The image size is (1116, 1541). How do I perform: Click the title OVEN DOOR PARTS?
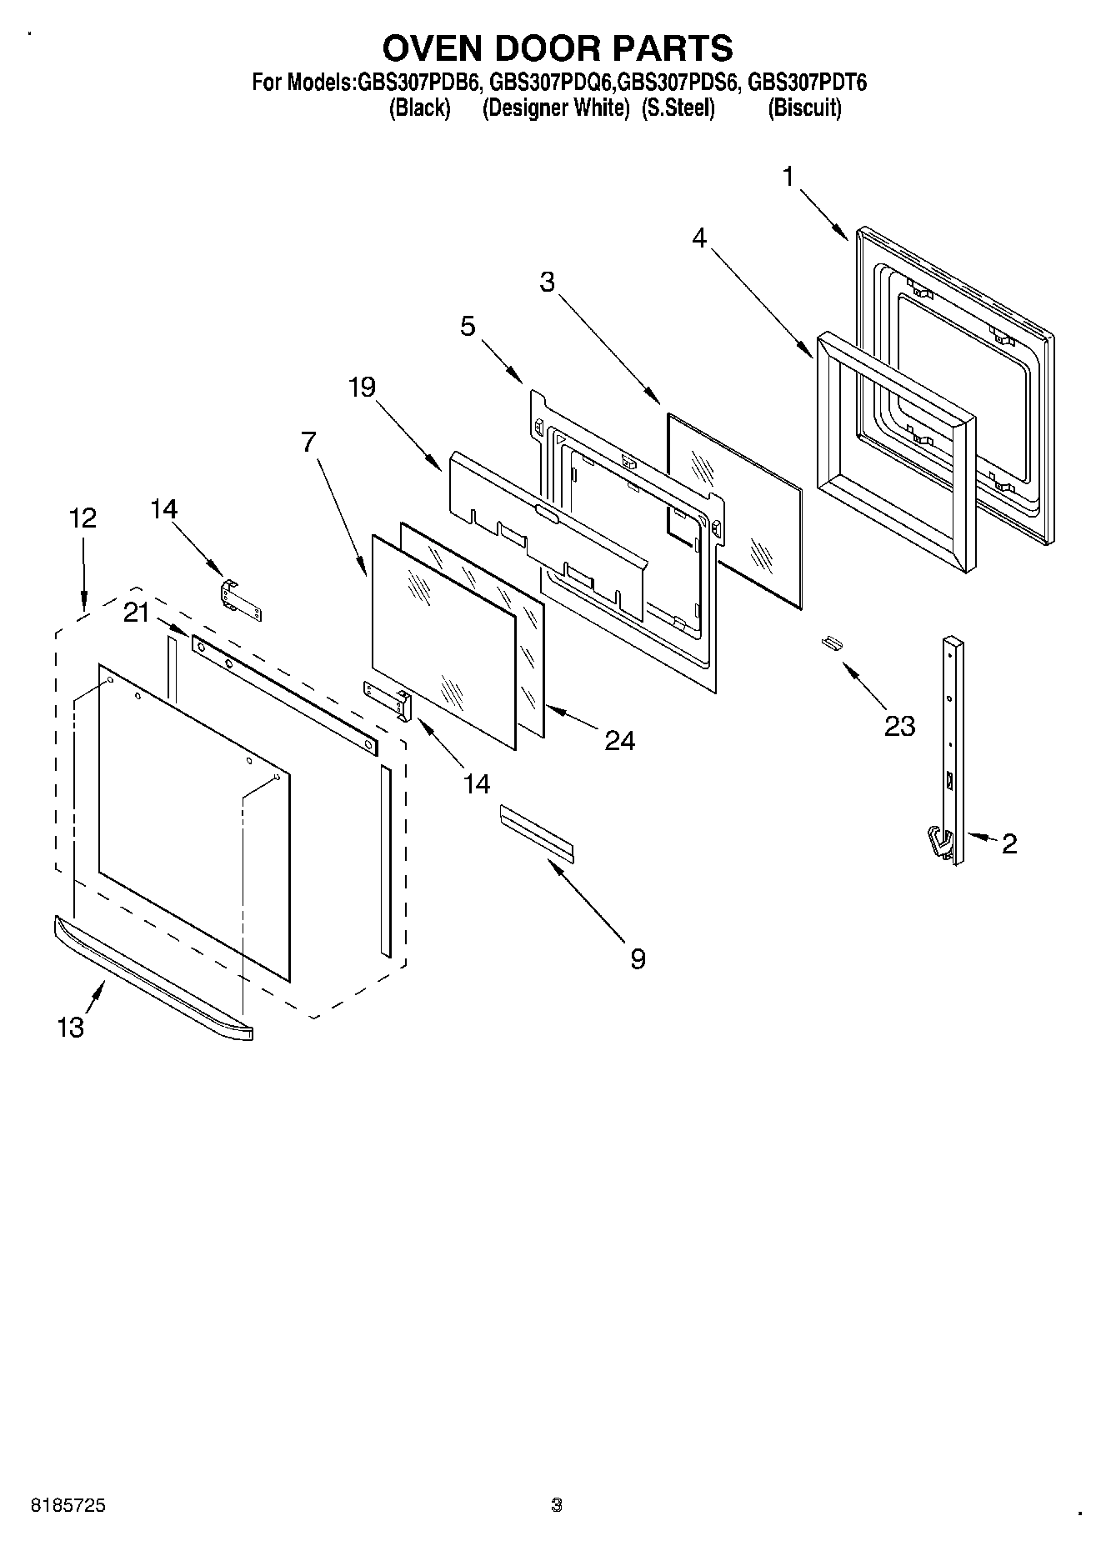tap(558, 48)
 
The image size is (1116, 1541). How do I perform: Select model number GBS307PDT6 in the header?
tap(807, 83)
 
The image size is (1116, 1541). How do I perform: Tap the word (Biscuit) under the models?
tap(804, 108)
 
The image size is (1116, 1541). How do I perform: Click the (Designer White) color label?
tap(555, 108)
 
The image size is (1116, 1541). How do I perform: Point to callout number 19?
tap(362, 387)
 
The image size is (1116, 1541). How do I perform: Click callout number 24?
tap(619, 740)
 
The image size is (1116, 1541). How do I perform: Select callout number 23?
tap(899, 726)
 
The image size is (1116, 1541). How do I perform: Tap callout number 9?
tap(637, 959)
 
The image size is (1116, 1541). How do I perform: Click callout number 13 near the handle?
tap(71, 1028)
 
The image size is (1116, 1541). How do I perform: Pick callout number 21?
tap(136, 613)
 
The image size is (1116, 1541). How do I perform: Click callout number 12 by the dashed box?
tap(83, 518)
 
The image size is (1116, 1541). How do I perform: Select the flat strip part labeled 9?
tap(537, 829)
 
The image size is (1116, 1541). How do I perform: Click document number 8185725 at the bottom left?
tap(68, 1505)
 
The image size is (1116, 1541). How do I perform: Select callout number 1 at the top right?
tap(788, 177)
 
